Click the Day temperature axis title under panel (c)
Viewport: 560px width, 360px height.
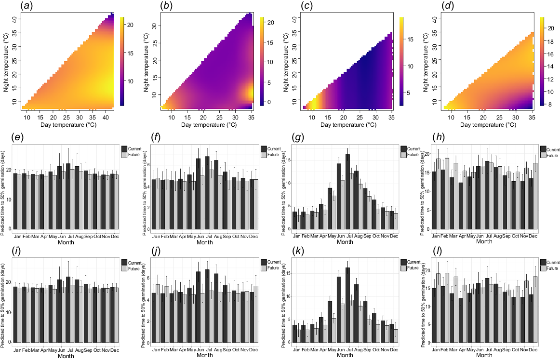click(347, 125)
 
